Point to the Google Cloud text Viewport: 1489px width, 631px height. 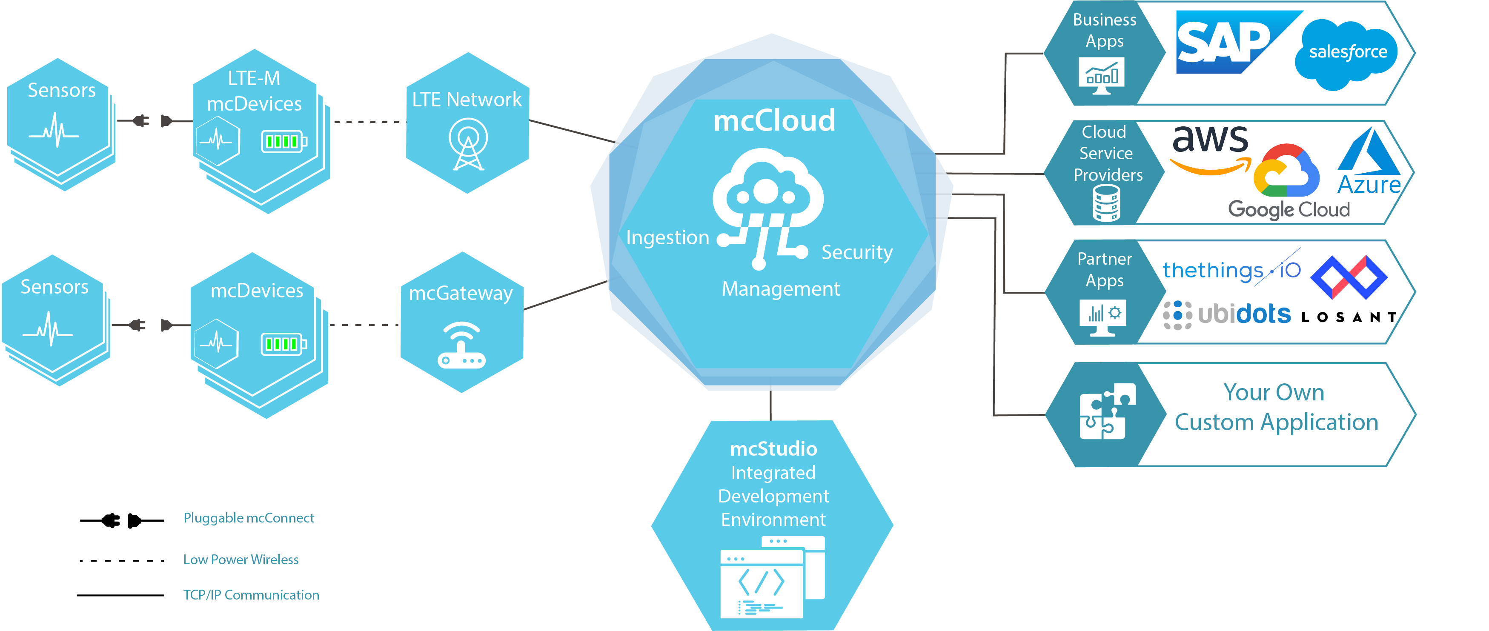coord(1289,209)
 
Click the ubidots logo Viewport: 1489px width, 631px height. coord(1227,314)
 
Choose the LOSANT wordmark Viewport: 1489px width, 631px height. coord(1349,317)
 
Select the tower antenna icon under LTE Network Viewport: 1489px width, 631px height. coord(468,145)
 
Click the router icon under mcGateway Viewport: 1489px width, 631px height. coord(461,345)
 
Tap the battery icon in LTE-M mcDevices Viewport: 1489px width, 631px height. coord(284,141)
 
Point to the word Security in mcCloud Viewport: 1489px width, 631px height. coord(857,252)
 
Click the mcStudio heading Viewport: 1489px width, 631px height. coord(773,448)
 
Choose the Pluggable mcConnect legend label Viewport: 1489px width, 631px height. coord(249,518)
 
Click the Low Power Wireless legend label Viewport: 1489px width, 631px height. coord(241,560)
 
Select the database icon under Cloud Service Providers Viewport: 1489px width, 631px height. coord(1106,203)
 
